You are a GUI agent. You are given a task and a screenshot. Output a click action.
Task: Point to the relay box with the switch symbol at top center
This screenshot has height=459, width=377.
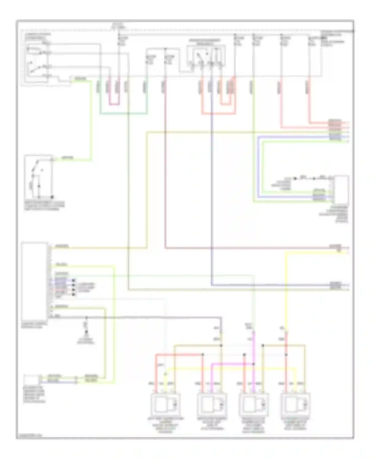(x=206, y=56)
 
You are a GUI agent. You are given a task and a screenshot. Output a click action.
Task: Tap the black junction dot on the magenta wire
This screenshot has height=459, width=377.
(x=254, y=364)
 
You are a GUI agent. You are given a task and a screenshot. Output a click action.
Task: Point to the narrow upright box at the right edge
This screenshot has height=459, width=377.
(x=341, y=190)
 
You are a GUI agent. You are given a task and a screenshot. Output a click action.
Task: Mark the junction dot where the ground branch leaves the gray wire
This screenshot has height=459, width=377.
(x=86, y=318)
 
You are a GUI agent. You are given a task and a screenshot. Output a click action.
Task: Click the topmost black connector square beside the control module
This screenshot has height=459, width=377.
(x=74, y=280)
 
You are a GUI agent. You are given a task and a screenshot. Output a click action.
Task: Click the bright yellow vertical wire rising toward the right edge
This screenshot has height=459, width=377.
(x=286, y=289)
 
